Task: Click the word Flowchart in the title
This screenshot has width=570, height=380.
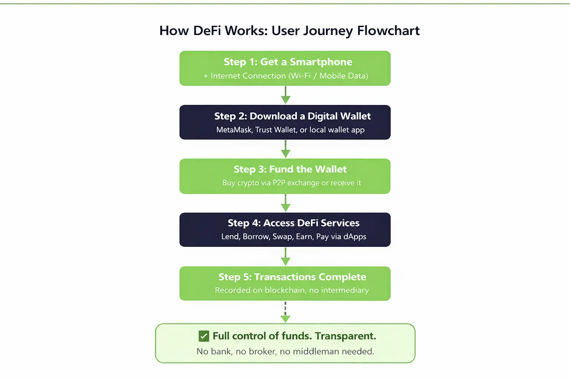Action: [x=388, y=30]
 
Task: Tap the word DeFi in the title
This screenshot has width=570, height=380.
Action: [x=207, y=30]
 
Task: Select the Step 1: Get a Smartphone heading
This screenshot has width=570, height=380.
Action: [x=288, y=62]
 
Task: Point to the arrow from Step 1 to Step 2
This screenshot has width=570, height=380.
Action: [x=285, y=95]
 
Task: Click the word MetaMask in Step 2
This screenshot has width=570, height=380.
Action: [x=234, y=130]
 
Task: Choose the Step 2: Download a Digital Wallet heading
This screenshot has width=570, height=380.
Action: [x=292, y=116]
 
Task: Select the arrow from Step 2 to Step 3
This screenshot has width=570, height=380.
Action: [x=285, y=149]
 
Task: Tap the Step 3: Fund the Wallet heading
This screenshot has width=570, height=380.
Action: [x=290, y=170]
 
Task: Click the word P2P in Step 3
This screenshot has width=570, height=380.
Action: [x=279, y=183]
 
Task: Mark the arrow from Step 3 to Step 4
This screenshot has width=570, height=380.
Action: [x=285, y=203]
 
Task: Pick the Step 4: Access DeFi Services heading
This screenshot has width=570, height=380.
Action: [x=294, y=223]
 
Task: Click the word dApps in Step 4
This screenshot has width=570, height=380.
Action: [x=355, y=237]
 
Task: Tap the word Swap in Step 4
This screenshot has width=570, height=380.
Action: [x=282, y=237]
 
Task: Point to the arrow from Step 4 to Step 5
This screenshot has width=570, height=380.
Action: [x=285, y=256]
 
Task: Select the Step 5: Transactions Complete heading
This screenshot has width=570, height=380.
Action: [x=292, y=277]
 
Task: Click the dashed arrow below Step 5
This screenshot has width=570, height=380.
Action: [x=285, y=312]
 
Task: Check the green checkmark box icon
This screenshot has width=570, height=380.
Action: [x=204, y=336]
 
